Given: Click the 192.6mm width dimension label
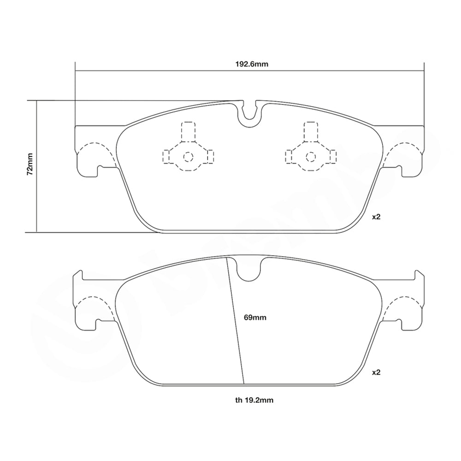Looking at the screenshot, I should click(x=251, y=64).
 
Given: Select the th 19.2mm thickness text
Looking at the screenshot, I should click(x=254, y=400).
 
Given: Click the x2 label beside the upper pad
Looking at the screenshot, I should click(x=376, y=216).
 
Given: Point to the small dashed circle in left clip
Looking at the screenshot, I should click(x=187, y=157).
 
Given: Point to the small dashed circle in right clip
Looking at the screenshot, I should click(x=310, y=157).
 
